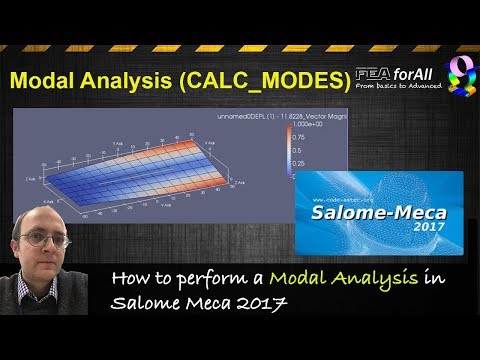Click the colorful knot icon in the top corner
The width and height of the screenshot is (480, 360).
[x=458, y=77]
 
